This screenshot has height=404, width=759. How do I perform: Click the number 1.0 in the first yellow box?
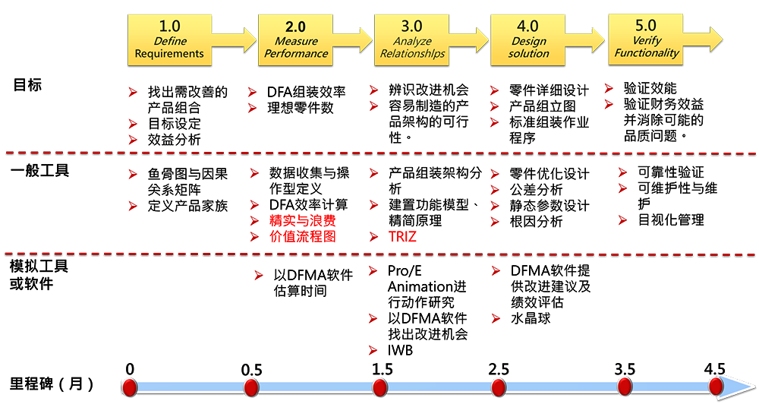tap(169, 26)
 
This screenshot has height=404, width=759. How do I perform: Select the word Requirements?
tap(169, 54)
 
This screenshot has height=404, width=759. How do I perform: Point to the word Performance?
tap(302, 54)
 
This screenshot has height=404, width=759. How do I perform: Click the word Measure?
tap(297, 41)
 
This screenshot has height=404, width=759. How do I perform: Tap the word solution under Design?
tap(529, 54)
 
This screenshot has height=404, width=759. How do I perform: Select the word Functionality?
tap(647, 53)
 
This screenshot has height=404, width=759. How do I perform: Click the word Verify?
tap(647, 40)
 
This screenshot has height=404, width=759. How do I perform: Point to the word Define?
tap(171, 41)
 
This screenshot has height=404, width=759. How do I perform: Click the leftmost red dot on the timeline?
tap(129, 387)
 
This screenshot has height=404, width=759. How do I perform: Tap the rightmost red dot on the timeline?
tap(716, 387)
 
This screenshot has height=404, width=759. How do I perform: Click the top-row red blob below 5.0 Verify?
tap(606, 99)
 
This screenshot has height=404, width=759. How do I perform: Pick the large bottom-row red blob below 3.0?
tap(358, 327)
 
